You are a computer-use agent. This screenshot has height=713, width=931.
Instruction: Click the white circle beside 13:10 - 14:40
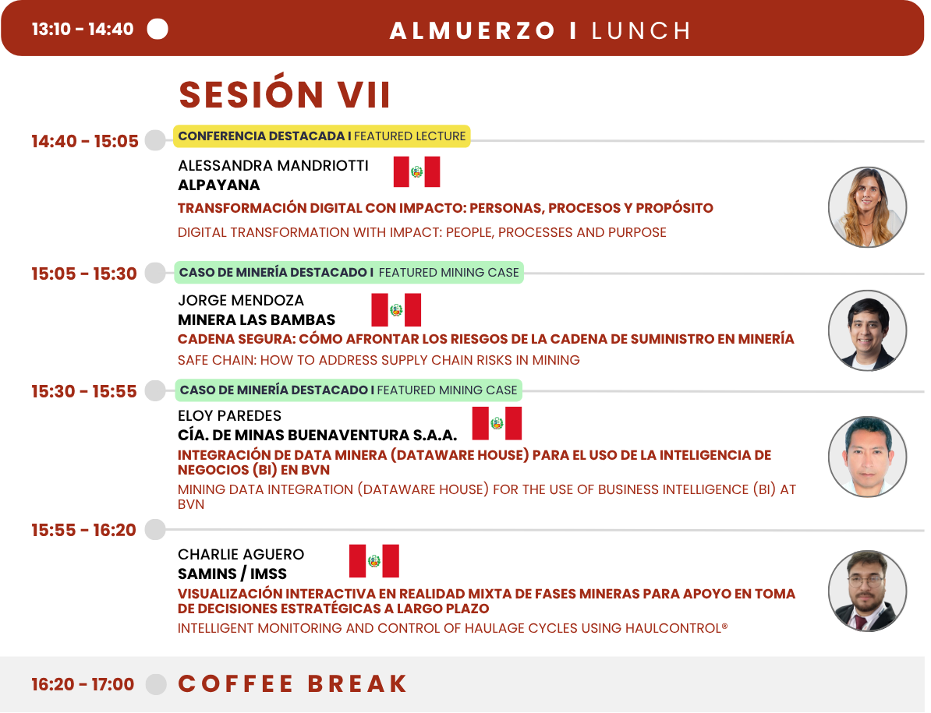tap(158, 29)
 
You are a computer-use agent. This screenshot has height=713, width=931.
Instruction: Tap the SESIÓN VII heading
tap(285, 95)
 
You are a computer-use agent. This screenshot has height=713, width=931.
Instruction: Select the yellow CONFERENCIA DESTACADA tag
tap(322, 136)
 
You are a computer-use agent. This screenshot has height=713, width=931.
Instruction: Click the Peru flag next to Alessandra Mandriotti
tap(417, 172)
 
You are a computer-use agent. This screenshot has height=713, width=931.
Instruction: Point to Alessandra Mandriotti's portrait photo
tap(868, 207)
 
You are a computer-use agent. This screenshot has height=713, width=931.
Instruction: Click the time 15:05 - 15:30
tap(84, 274)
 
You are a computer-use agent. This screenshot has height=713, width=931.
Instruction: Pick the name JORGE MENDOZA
tap(241, 301)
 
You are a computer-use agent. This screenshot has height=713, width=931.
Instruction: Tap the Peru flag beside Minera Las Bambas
tap(396, 309)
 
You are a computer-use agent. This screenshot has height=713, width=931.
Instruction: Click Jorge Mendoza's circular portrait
tap(868, 330)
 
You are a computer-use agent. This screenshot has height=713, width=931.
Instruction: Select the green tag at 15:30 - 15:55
tap(349, 390)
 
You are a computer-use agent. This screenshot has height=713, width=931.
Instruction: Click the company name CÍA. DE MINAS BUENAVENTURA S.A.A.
tap(317, 436)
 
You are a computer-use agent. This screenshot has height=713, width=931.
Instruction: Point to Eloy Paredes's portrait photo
tap(868, 457)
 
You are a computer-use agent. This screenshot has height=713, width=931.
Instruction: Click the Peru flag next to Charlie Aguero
tap(374, 561)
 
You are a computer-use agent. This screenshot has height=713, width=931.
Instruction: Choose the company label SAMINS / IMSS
tap(232, 574)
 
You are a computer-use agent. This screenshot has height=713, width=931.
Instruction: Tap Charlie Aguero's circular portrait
tap(868, 591)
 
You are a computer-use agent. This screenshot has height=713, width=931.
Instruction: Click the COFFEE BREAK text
tap(292, 684)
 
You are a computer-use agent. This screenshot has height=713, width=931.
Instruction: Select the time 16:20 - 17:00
tap(83, 684)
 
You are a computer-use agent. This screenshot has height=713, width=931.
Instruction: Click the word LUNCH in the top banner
tap(641, 31)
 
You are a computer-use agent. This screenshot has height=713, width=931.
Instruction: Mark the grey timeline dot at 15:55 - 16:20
tap(156, 530)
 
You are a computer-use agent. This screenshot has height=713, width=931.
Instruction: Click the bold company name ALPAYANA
tap(219, 185)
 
